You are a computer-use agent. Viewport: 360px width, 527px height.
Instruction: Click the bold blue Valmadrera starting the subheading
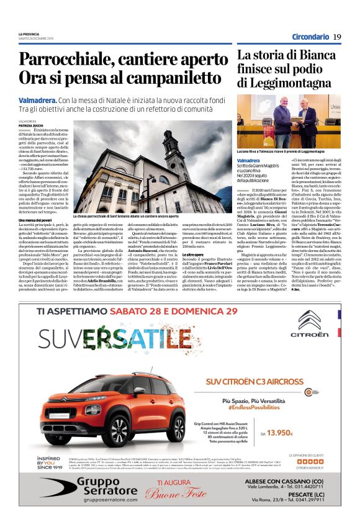coord(37,100)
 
